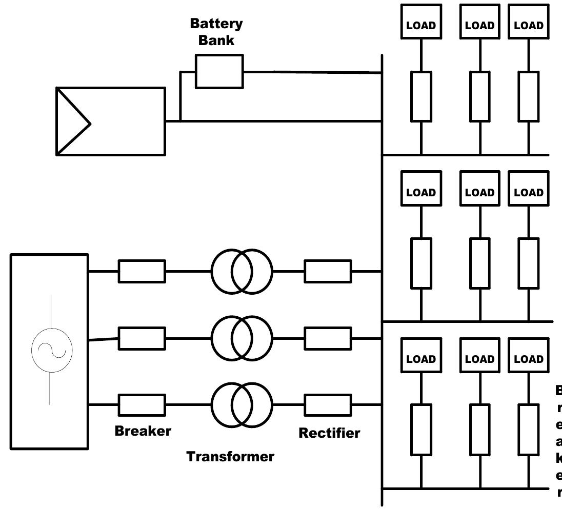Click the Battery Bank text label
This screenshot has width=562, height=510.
(x=216, y=32)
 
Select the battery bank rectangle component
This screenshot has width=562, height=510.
(x=219, y=72)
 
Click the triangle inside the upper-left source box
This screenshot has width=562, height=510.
(x=71, y=122)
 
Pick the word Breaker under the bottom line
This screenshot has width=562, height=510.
(x=143, y=431)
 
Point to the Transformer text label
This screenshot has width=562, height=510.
(x=230, y=456)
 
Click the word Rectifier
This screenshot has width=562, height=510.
(x=329, y=433)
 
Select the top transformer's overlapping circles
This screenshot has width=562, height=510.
(x=242, y=271)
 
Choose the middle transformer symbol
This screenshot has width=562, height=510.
(x=242, y=338)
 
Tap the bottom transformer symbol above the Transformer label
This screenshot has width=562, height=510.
(x=242, y=405)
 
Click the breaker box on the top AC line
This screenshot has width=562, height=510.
(x=142, y=271)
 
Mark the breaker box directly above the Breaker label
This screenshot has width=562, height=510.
(x=142, y=405)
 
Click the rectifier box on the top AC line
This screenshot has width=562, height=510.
(x=328, y=271)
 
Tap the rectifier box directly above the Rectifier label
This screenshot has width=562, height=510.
(x=328, y=405)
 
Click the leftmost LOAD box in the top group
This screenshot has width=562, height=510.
(x=421, y=26)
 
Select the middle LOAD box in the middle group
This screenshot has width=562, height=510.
(x=479, y=193)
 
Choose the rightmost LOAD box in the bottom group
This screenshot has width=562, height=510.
(x=528, y=359)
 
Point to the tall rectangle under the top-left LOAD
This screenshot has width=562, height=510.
(x=421, y=96)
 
